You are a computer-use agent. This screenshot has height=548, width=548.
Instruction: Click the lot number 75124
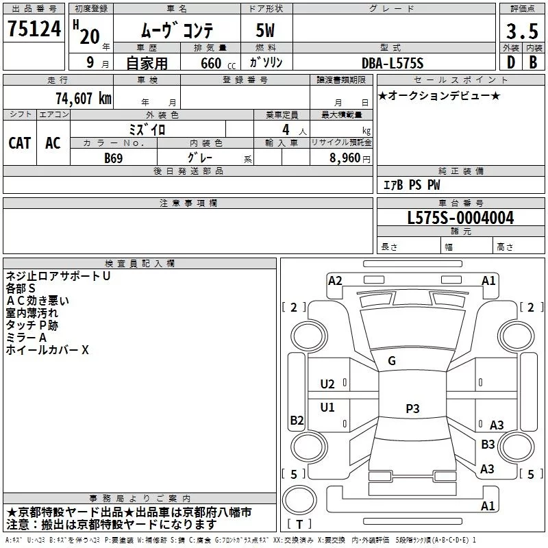(34, 29)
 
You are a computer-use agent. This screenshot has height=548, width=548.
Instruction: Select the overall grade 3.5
(522, 31)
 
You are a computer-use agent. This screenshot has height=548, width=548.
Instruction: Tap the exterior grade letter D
(511, 62)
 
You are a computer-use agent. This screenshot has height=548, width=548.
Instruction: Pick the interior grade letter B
(533, 62)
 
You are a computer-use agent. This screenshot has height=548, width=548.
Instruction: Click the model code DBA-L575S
(393, 63)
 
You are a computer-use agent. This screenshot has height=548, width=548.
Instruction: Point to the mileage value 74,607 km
(84, 99)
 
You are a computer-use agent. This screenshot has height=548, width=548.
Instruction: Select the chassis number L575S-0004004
(460, 218)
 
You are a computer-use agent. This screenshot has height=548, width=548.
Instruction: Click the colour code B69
(114, 158)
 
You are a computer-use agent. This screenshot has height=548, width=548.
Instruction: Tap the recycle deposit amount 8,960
(345, 158)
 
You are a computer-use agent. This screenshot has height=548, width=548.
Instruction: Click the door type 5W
(265, 30)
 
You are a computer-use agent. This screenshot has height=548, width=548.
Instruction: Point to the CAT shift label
(20, 143)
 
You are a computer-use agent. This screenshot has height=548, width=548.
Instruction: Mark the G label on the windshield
(392, 361)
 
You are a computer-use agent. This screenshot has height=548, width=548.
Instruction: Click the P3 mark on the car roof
(412, 408)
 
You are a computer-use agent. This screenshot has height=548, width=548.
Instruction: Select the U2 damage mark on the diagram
(327, 384)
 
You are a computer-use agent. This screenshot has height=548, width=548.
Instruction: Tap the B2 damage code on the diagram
(297, 420)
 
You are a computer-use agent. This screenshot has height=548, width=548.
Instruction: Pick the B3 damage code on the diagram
(488, 444)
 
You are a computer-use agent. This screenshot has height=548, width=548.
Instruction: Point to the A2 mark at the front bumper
(335, 281)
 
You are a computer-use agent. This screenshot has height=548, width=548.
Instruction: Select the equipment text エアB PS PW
(412, 184)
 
